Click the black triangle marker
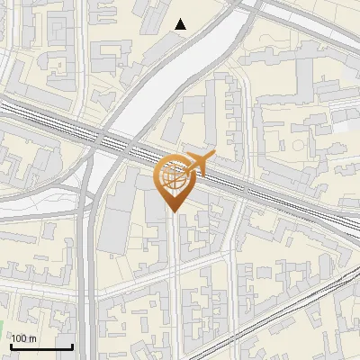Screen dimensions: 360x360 click(x=181, y=24)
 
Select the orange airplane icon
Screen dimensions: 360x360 click(x=201, y=164)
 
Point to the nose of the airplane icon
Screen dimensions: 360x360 click(x=214, y=156)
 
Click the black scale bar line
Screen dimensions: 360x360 click(x=41, y=347)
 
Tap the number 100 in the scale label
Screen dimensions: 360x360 click(x=19, y=338)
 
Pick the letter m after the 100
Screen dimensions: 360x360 click(x=32, y=338)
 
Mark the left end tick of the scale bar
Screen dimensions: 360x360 click(x=10, y=346)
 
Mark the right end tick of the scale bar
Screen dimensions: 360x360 click(x=73, y=346)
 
